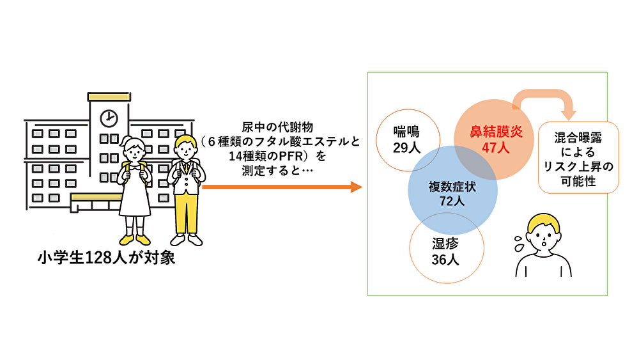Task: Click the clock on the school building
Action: (109, 118)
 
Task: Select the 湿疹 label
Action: (445, 244)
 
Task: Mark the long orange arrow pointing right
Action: (281, 187)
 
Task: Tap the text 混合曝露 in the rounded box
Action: (579, 138)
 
